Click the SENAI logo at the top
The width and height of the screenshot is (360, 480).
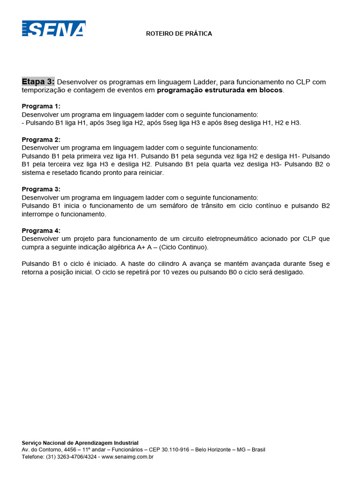[x=53, y=29]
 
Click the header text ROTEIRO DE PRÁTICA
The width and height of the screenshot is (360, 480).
[x=179, y=34]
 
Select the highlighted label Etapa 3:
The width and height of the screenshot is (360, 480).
[x=38, y=82]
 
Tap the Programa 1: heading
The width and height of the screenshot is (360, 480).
[x=41, y=106]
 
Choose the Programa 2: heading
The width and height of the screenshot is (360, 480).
[x=41, y=140]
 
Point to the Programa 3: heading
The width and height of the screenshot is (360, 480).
[x=41, y=189]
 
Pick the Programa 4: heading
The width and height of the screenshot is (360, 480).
[x=41, y=231]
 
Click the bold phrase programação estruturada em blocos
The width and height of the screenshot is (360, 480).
[x=220, y=90]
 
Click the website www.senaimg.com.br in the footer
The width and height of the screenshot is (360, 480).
[x=128, y=457]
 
